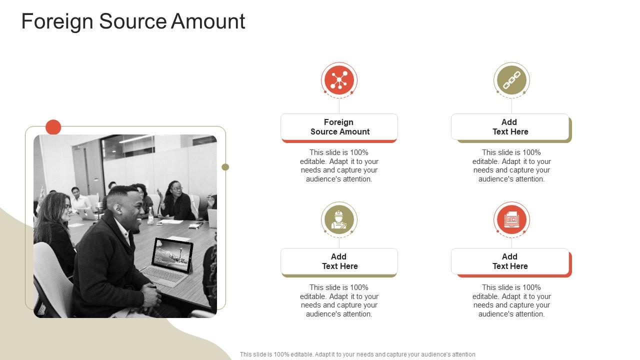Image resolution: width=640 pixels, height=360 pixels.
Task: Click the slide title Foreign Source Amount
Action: point(133,22)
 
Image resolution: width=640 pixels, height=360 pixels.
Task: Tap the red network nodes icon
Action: point(339,80)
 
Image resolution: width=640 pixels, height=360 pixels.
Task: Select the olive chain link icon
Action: point(511,80)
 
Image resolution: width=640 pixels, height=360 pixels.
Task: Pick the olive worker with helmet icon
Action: point(339,219)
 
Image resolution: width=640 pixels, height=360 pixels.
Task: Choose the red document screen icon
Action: point(511,219)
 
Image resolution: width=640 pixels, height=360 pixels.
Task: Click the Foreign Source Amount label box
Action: point(339,127)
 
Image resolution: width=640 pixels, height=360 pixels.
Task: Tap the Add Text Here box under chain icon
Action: point(510,127)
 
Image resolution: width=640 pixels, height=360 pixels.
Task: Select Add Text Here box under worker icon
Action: point(339,261)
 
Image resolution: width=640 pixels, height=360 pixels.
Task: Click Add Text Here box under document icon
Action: point(510,261)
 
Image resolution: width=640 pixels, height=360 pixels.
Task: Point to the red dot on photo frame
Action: point(53,127)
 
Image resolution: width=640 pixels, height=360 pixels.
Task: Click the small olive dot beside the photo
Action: point(225,167)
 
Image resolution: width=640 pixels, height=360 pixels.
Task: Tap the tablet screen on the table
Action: point(171,254)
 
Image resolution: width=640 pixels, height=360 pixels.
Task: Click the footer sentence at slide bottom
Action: point(357,354)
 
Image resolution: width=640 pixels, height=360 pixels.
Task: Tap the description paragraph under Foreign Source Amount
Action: point(339,166)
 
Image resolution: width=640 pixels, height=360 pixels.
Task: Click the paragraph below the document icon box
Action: point(511,300)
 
